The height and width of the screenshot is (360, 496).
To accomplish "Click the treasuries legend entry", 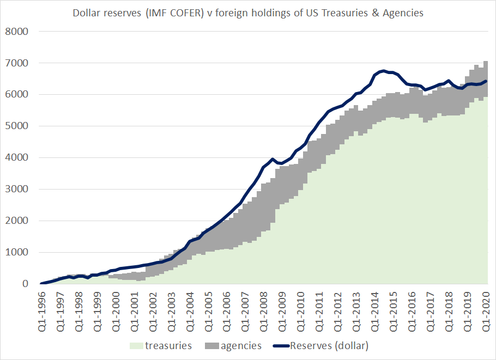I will tap(170, 346).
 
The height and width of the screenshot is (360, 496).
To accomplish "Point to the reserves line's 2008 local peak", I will tap(272, 159).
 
